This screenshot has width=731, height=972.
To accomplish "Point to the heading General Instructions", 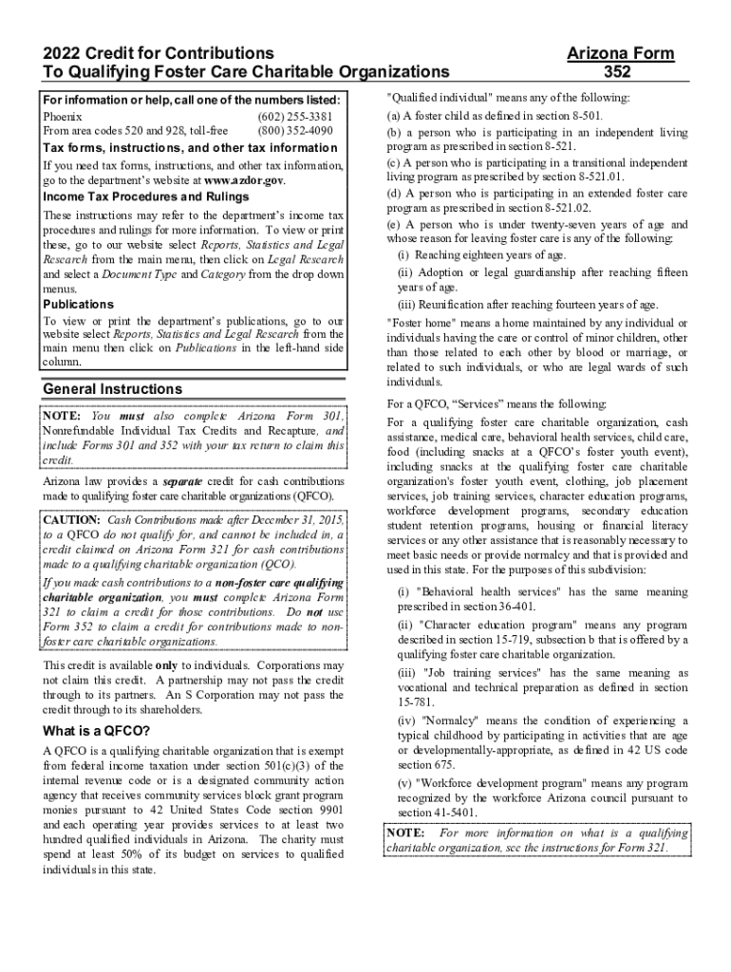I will [113, 389].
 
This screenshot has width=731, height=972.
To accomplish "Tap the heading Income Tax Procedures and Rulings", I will [146, 196].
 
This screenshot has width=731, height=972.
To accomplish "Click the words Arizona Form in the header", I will [620, 53].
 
